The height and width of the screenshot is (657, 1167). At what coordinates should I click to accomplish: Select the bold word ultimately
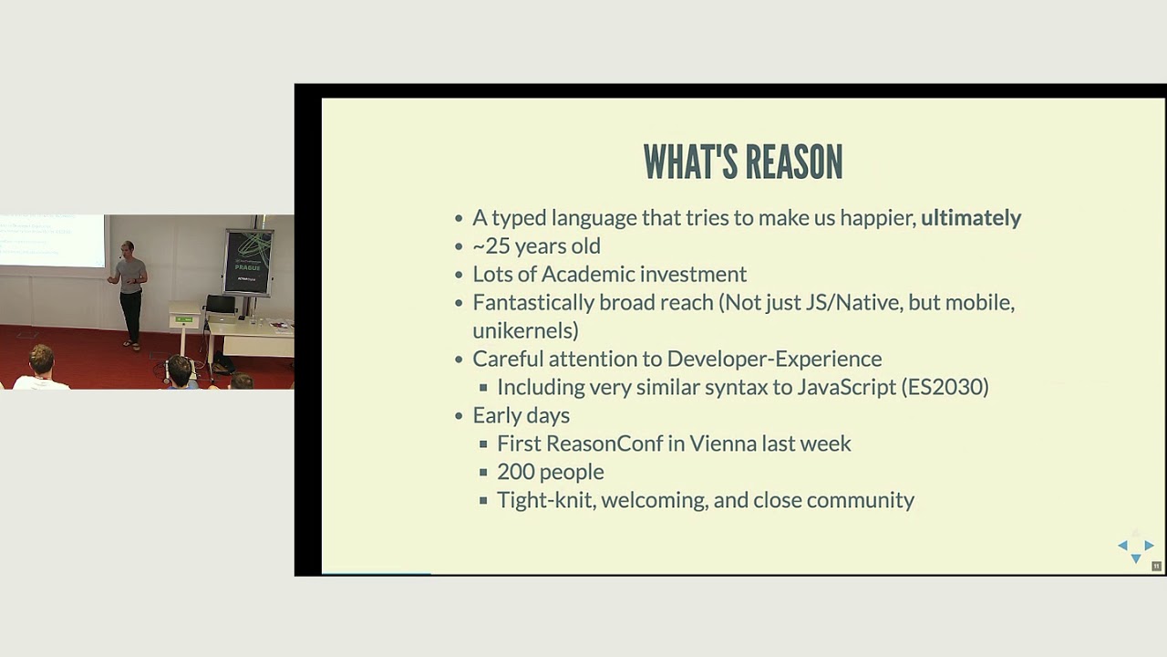point(970,218)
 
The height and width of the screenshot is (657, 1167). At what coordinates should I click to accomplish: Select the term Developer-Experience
point(774,359)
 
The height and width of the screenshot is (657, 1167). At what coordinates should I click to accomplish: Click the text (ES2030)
point(945,387)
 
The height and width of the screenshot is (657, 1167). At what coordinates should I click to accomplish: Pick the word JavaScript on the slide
point(846,387)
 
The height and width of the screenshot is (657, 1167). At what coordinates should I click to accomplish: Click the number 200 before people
point(515,472)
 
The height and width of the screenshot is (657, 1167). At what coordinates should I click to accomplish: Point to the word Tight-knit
point(543,500)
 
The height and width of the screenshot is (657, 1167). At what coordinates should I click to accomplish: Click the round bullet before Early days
point(460,416)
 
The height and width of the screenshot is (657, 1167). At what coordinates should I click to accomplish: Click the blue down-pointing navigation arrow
point(1136,558)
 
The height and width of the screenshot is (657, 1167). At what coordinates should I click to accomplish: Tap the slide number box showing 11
point(1156,567)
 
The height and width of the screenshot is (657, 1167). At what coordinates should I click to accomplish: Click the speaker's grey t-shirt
point(131,274)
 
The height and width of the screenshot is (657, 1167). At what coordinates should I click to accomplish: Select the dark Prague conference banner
point(248,261)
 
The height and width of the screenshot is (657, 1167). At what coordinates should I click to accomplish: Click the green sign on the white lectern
point(184,319)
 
